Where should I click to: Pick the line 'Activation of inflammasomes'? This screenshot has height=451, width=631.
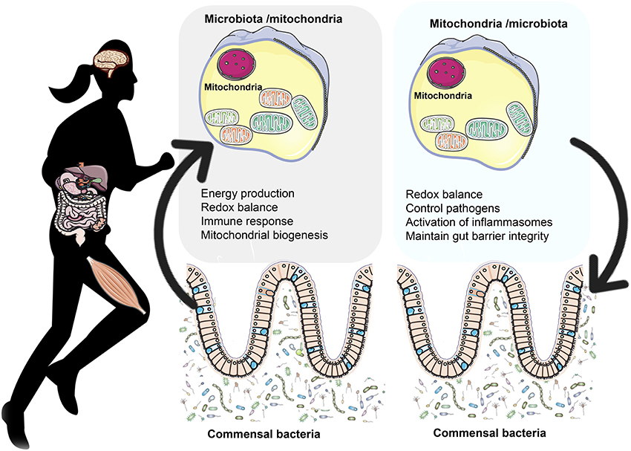click(478, 221)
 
